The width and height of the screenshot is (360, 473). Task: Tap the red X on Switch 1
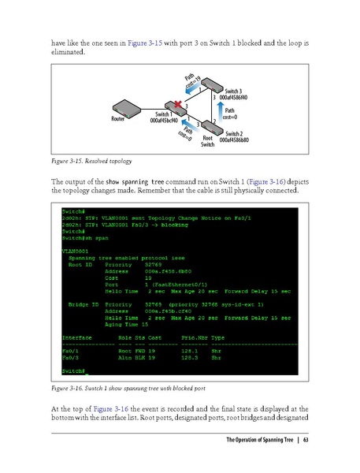[x=179, y=105]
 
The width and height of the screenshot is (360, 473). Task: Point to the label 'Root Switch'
[x=207, y=141]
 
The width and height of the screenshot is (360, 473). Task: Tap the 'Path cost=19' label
[x=193, y=82]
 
